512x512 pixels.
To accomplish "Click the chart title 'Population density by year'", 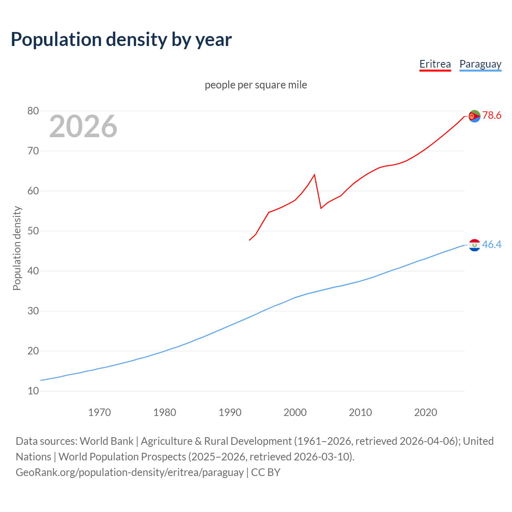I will pos(121,39).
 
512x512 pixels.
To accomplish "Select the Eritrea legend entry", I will pos(435,64).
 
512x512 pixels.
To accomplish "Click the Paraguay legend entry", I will pos(480,64).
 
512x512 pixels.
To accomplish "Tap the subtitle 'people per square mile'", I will pos(256,85).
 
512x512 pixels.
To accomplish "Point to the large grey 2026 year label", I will pos(83,126).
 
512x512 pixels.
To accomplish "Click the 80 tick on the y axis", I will pos(33,111).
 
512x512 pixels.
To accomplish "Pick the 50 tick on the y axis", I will pos(33,231).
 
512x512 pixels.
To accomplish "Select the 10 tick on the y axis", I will pos(33,391).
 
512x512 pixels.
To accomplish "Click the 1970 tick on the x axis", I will pos(100,412).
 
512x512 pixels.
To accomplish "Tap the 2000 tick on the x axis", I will pos(295,412).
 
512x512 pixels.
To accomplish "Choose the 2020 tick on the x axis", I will pos(426,412).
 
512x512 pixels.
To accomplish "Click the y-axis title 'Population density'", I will pos(17,248).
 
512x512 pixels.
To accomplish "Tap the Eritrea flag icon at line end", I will pos(474,116).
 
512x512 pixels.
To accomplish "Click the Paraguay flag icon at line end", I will pos(474,245).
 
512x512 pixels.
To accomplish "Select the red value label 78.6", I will pos(492,116).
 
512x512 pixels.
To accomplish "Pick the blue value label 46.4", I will pos(492,244).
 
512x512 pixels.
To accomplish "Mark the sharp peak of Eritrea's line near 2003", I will pos(314,174).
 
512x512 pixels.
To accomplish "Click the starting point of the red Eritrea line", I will pos(250,240).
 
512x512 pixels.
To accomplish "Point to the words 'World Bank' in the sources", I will pos(106,441).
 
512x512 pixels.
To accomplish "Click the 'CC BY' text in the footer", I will pos(266,472).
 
